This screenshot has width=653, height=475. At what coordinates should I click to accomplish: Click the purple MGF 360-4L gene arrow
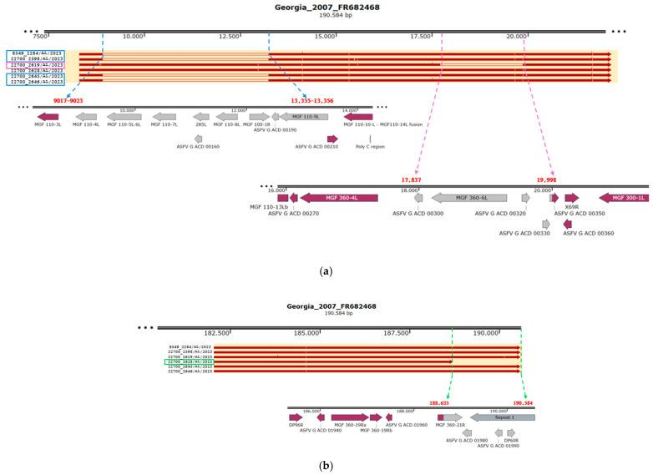[x=338, y=198]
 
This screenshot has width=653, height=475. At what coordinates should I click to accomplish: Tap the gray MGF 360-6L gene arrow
[x=468, y=198]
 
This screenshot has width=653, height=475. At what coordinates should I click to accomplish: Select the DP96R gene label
[x=296, y=425]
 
